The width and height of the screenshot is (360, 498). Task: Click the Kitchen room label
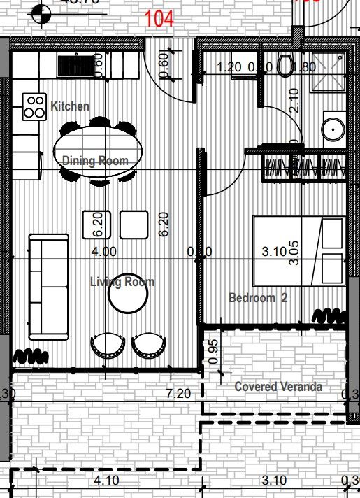(x=70, y=106)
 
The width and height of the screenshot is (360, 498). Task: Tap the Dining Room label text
(x=96, y=161)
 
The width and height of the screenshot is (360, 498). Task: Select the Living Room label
(x=122, y=282)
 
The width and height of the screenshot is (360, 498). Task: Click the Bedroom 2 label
(x=258, y=298)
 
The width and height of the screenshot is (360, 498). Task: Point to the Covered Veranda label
(x=278, y=387)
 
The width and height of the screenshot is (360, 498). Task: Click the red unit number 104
(x=159, y=18)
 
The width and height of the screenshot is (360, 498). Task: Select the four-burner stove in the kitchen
(x=34, y=106)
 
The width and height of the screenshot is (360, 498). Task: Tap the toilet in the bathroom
(x=285, y=67)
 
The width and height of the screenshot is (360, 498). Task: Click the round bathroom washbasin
(x=331, y=130)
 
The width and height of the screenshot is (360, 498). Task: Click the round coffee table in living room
(x=128, y=294)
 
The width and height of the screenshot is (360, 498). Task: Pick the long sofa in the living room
(x=48, y=287)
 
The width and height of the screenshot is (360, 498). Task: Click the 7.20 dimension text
(x=179, y=394)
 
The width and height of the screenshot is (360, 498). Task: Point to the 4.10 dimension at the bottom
(x=106, y=481)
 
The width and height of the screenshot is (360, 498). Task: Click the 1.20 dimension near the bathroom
(x=230, y=68)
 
